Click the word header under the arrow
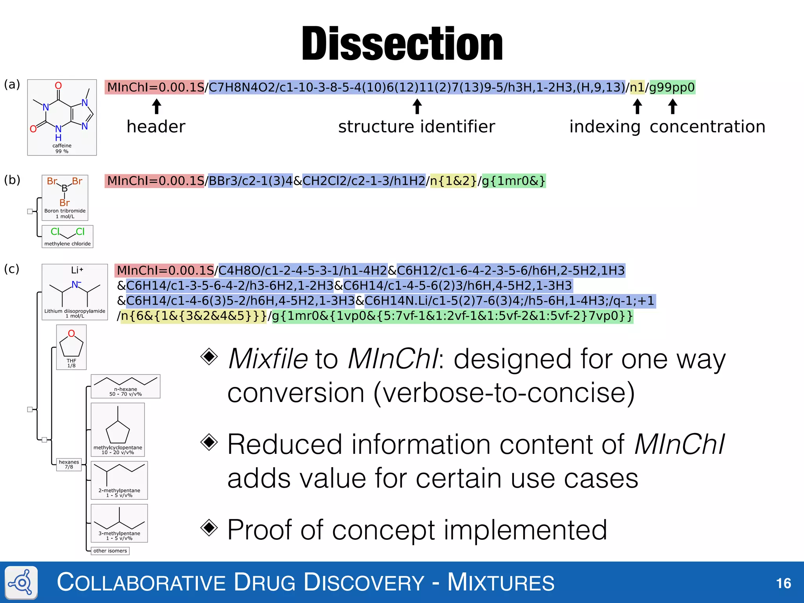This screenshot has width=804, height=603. click(x=156, y=127)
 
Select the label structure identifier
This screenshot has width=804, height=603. click(x=417, y=127)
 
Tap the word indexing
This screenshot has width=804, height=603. click(x=605, y=127)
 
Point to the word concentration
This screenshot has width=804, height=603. click(x=707, y=127)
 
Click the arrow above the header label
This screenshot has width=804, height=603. click(x=157, y=106)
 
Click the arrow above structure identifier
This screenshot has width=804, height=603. click(x=417, y=106)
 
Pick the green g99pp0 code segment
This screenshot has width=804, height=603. click(x=672, y=87)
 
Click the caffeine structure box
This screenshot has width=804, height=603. click(x=62, y=117)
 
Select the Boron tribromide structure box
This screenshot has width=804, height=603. click(x=65, y=197)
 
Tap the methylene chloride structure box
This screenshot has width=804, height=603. click(x=68, y=236)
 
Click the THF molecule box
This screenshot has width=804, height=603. click(x=71, y=347)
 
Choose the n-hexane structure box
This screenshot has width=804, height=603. click(x=126, y=386)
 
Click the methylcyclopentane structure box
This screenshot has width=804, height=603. click(x=118, y=429)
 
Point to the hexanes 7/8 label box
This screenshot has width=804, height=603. click(x=69, y=464)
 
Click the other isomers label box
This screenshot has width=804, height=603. click(x=110, y=551)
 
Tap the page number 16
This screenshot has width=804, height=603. click(x=784, y=583)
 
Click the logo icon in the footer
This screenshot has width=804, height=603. click(x=22, y=583)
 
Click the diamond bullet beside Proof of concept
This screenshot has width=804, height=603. click(x=209, y=528)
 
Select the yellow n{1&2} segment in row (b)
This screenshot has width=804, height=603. click(x=453, y=181)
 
